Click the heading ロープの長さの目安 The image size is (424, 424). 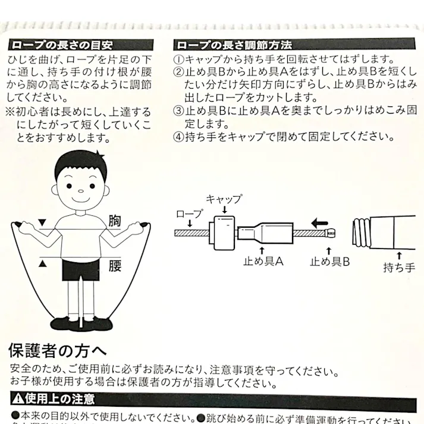61,46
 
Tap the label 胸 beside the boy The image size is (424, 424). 115,220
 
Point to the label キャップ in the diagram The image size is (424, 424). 224,200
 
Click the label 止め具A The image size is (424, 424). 264,260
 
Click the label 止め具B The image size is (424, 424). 330,260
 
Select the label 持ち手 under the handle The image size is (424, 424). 399,267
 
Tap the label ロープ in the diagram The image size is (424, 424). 190,213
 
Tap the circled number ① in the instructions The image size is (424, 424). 179,59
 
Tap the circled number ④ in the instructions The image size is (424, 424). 179,136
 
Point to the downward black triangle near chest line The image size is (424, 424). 42,222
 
